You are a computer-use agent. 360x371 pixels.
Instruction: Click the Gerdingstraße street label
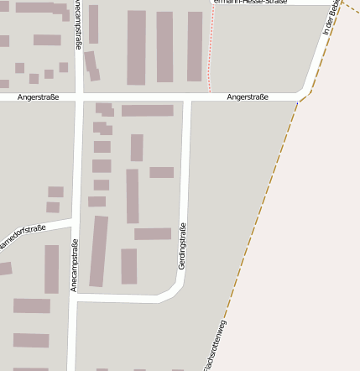click(182, 245)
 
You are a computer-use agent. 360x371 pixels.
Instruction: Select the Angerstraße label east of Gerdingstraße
click(248, 97)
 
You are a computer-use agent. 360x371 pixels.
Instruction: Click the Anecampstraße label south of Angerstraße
click(75, 265)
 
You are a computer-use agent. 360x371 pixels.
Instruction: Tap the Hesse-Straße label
click(250, 3)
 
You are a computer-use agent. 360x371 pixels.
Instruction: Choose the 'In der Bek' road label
click(332, 17)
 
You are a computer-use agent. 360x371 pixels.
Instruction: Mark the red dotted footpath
click(210, 50)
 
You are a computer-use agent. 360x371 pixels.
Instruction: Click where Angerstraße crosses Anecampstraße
click(79, 97)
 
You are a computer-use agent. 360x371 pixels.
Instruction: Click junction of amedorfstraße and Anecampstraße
click(74, 223)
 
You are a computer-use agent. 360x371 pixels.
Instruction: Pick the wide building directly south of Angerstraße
click(147, 111)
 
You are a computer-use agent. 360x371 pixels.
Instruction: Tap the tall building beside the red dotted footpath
click(195, 46)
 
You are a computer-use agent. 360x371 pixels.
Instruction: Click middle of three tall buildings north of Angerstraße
click(164, 47)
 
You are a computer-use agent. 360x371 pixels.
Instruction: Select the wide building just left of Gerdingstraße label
click(152, 234)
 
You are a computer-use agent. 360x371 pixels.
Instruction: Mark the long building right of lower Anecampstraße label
click(99, 251)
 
